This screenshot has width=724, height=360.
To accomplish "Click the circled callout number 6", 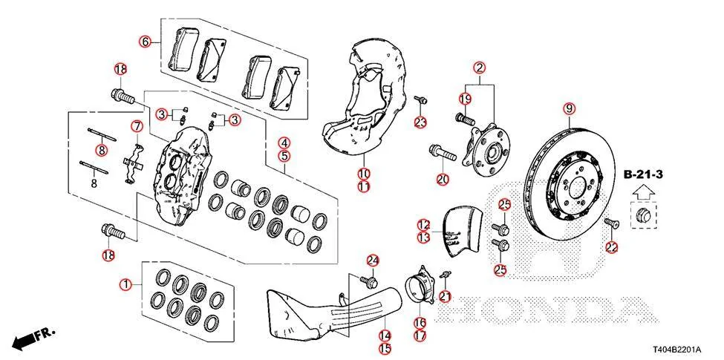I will click(145, 42).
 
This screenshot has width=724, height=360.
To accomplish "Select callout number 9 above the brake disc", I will click(570, 110).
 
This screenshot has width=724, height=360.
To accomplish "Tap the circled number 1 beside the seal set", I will click(126, 284).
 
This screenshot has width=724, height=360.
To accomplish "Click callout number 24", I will click(372, 260).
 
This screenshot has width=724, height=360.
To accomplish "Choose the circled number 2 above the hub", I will click(480, 69).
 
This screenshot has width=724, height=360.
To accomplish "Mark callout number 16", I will click(420, 323).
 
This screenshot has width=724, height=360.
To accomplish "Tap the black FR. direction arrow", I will click(27, 338).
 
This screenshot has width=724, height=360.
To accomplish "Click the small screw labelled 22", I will click(610, 224).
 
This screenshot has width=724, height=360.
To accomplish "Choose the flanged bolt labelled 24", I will click(368, 281).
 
